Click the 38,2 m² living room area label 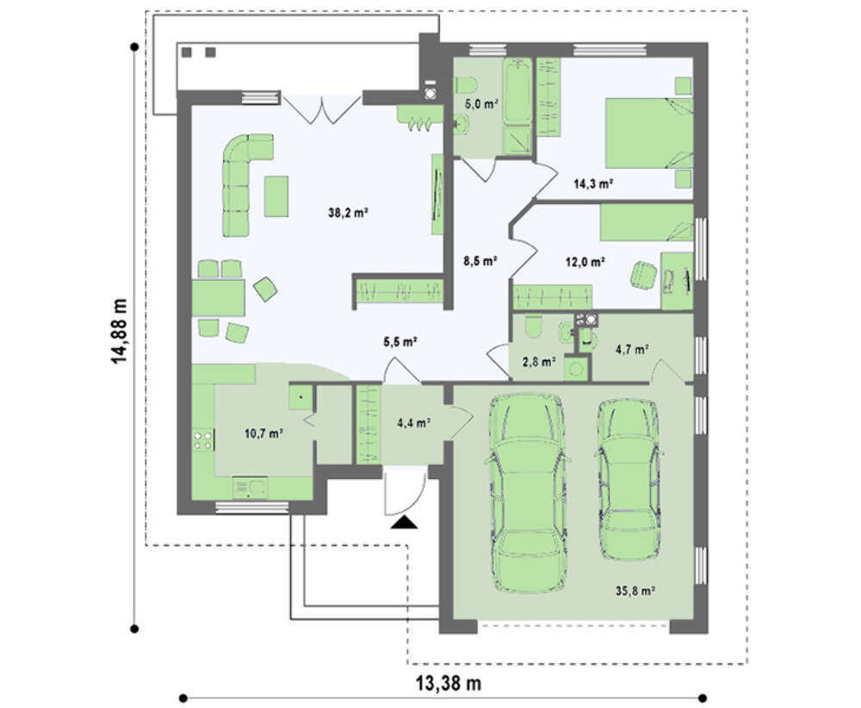pyautogui.click(x=348, y=213)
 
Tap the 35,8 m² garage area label pyautogui.click(x=635, y=591)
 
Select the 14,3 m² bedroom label pyautogui.click(x=593, y=183)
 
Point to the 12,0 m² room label pyautogui.click(x=585, y=262)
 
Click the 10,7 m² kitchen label pyautogui.click(x=263, y=433)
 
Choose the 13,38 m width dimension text pyautogui.click(x=448, y=683)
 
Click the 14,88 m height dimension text pyautogui.click(x=119, y=331)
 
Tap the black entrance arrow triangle pyautogui.click(x=404, y=522)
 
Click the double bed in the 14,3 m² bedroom pyautogui.click(x=649, y=133)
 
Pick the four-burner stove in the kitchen pyautogui.click(x=202, y=440)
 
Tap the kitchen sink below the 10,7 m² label pyautogui.click(x=250, y=488)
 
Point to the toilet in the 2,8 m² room pyautogui.click(x=533, y=328)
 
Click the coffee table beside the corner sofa pyautogui.click(x=276, y=196)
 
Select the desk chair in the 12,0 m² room pyautogui.click(x=643, y=274)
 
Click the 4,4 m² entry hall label pyautogui.click(x=413, y=423)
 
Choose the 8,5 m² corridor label pyautogui.click(x=480, y=260)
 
